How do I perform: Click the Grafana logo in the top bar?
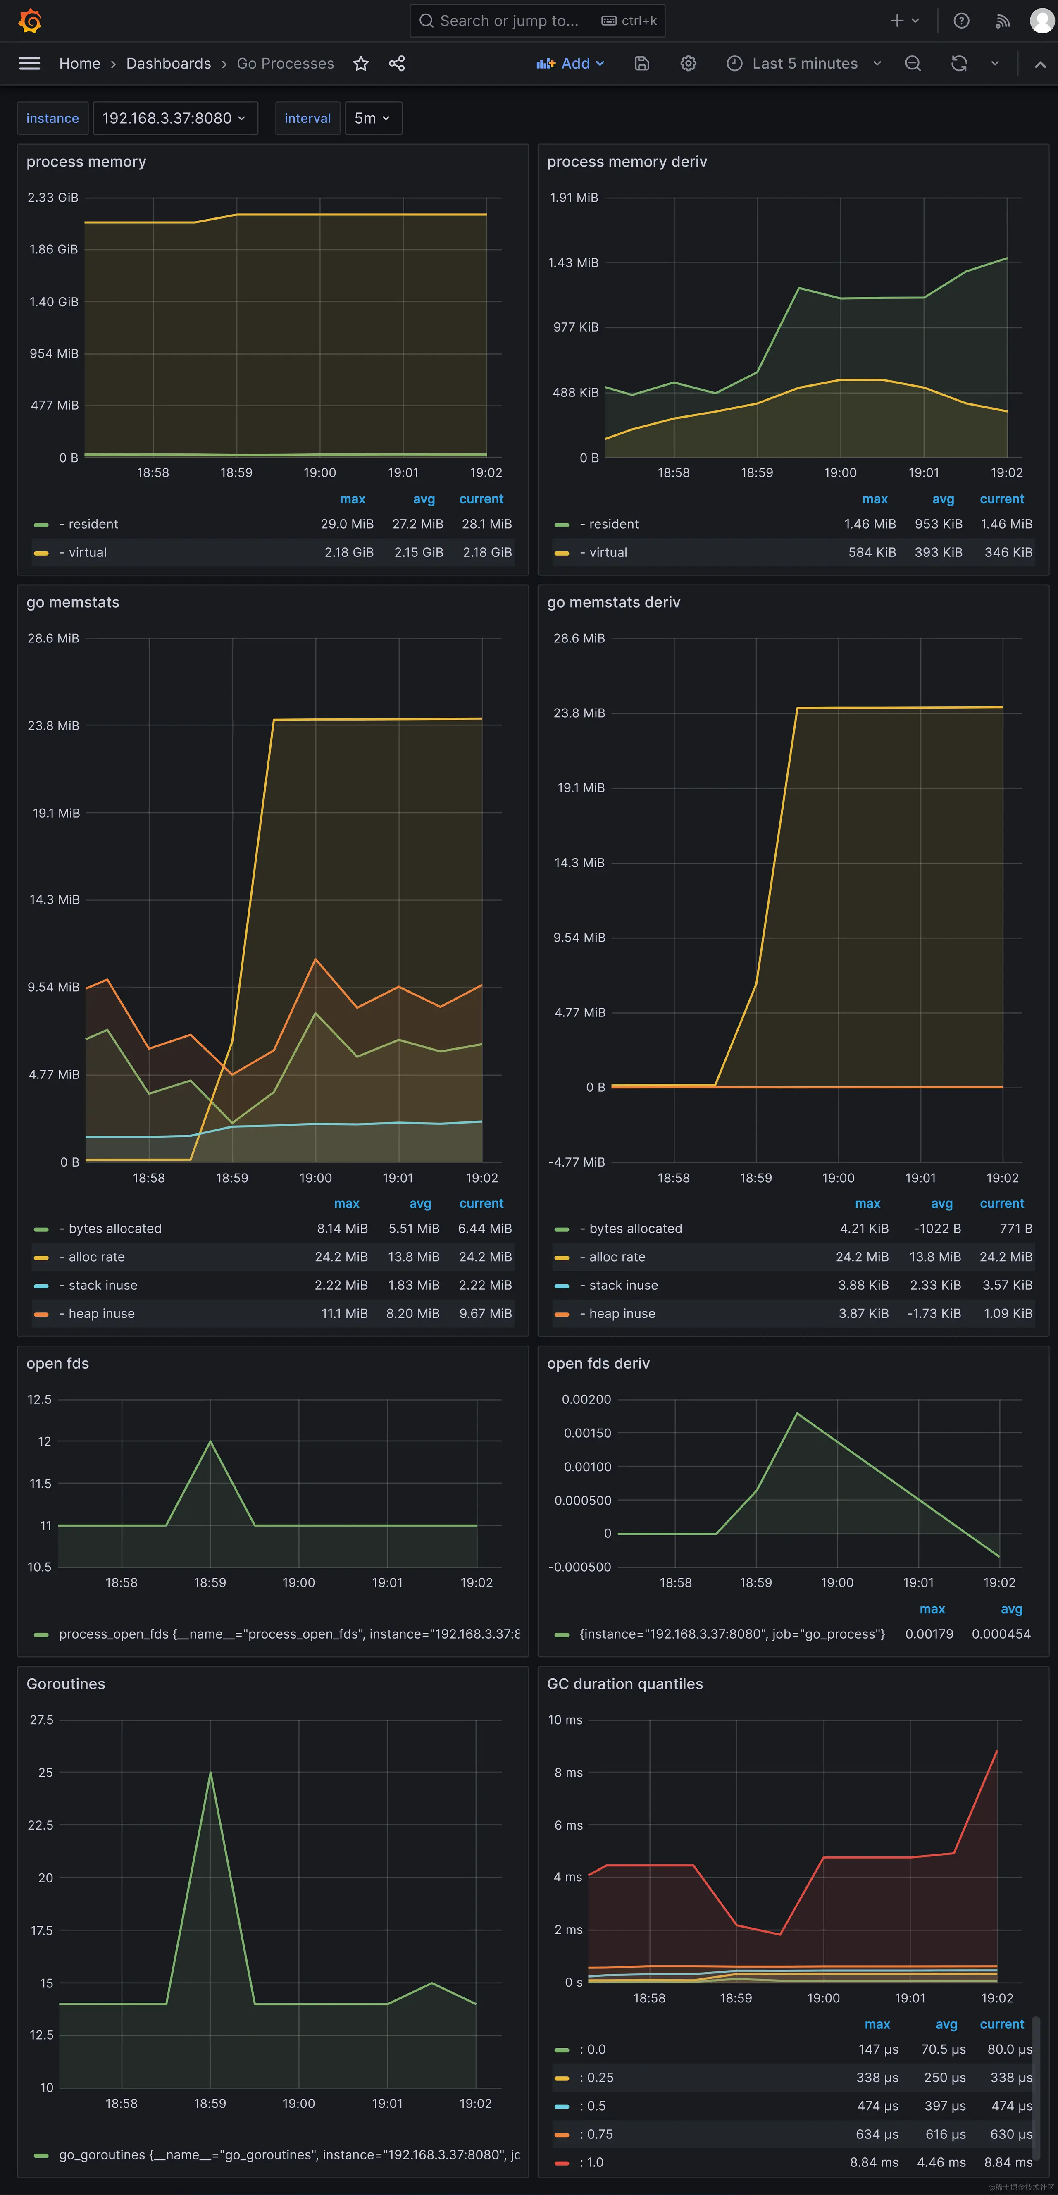(30, 20)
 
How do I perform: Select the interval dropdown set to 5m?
(372, 119)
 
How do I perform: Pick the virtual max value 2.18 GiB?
(348, 552)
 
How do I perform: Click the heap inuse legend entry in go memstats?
(101, 1313)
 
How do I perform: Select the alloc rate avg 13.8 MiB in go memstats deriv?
(934, 1257)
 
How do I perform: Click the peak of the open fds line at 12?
(210, 1442)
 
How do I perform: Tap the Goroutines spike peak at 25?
(210, 1773)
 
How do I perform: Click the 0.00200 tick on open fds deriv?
(586, 1399)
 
